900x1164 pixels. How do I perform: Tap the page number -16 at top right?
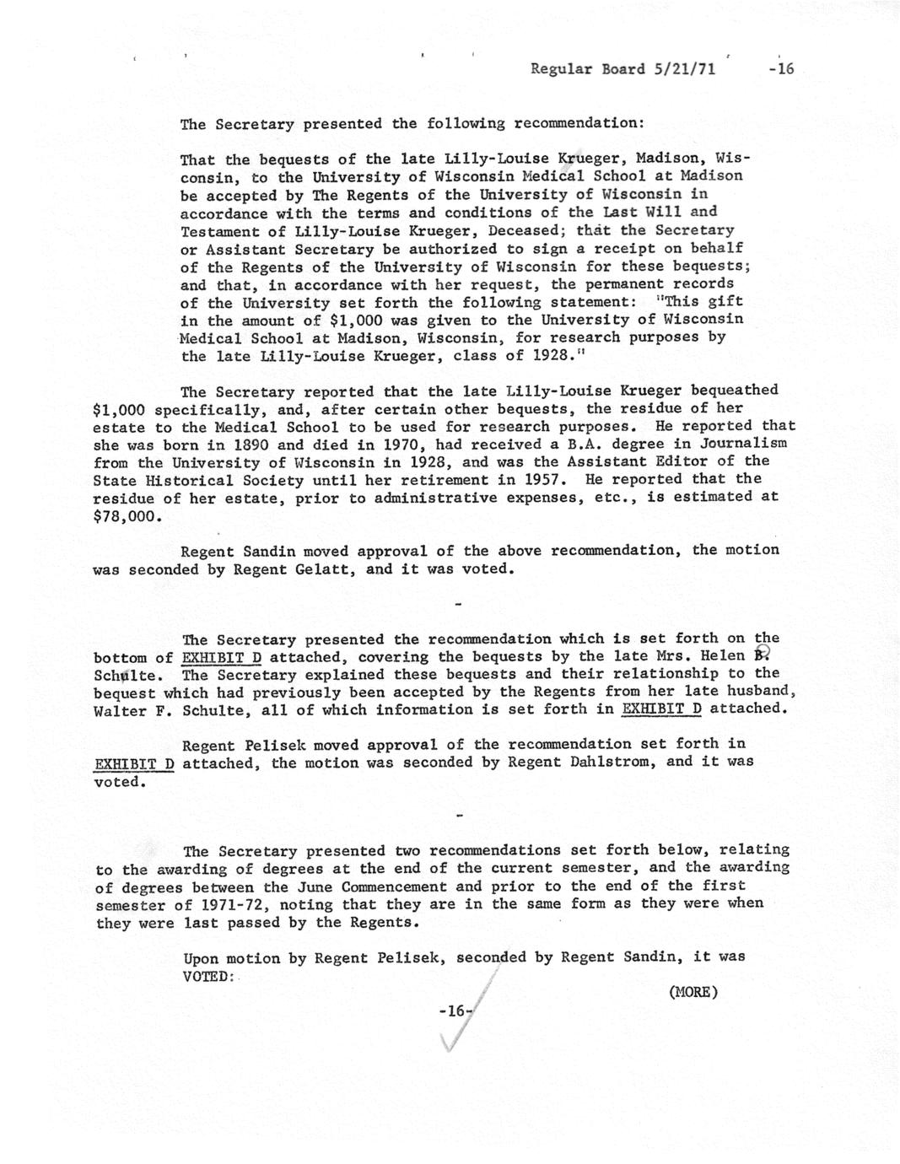[781, 69]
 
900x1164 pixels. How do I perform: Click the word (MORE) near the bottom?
[693, 991]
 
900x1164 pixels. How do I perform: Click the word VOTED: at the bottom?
[207, 975]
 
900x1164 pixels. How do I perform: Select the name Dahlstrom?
[606, 762]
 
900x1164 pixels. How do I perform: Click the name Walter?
[120, 710]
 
